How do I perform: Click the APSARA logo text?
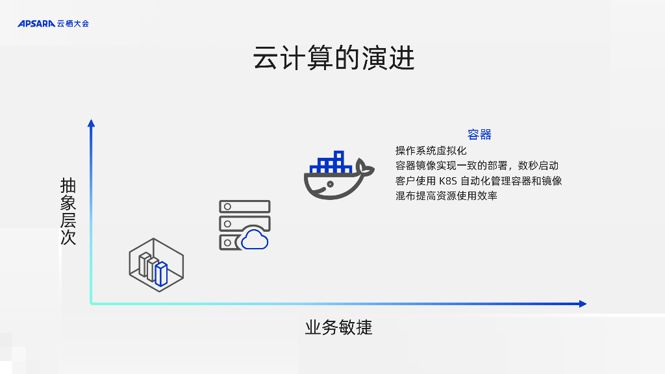(36, 23)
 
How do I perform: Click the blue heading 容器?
(479, 134)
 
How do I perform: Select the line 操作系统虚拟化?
(431, 151)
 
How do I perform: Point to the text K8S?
(448, 181)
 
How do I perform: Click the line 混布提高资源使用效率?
(446, 195)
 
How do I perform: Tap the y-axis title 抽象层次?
(68, 211)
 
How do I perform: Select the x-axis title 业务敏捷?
(338, 327)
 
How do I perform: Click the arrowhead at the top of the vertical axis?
(91, 123)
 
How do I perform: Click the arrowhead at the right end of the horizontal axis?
(583, 303)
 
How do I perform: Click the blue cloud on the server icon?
(255, 240)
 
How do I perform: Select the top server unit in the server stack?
(244, 206)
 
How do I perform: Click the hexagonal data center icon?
(156, 264)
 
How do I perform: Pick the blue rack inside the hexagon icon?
(161, 274)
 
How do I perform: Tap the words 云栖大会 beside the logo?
(73, 23)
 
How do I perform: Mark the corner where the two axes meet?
(91, 303)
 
